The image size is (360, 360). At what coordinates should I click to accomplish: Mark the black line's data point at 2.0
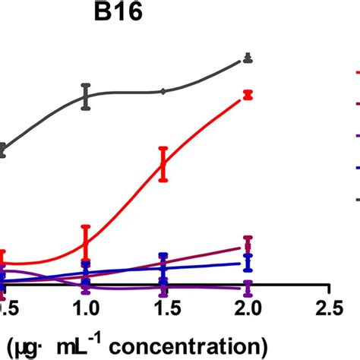246,58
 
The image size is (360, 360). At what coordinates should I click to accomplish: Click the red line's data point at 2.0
246,95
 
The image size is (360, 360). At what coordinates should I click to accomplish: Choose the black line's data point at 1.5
163,91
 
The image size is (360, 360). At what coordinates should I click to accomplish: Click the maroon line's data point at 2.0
246,246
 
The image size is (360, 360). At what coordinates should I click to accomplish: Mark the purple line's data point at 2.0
246,286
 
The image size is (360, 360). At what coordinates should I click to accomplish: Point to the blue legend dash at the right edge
356,169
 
